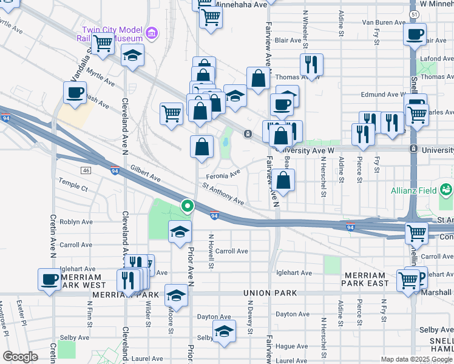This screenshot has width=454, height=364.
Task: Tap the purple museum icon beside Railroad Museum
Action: point(152,32)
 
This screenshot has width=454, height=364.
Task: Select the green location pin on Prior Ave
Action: point(188,207)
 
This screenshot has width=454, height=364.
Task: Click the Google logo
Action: point(20,357)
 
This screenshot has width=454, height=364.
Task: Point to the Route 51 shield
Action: point(413,13)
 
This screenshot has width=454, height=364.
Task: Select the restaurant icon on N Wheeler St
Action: point(311,64)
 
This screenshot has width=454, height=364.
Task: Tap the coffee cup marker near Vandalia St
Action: point(75,93)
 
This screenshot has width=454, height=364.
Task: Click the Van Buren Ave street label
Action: point(383,22)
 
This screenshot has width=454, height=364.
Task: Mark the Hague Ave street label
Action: point(291,346)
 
